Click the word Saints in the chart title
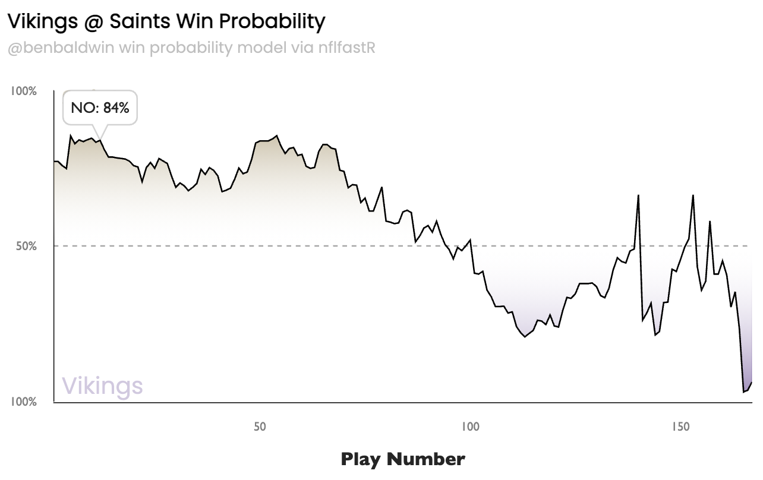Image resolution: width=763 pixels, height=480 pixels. (143, 22)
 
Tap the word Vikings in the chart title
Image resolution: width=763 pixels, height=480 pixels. (42, 22)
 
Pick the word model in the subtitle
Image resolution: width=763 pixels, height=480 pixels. (258, 48)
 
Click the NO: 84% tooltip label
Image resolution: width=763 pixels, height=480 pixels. (100, 108)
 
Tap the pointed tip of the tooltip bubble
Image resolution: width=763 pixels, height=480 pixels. (100, 140)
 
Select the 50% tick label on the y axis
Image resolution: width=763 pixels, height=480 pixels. (26, 246)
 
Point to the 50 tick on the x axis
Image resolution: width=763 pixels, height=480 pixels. (259, 427)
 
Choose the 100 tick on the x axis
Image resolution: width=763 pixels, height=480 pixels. (470, 427)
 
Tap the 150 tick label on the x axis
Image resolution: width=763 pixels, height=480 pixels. (680, 427)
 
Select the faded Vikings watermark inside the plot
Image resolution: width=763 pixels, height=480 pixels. (102, 386)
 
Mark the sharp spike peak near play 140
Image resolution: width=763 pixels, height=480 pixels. (638, 195)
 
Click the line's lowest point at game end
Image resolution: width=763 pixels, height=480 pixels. (744, 392)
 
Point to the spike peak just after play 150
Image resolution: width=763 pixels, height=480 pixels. (693, 195)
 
